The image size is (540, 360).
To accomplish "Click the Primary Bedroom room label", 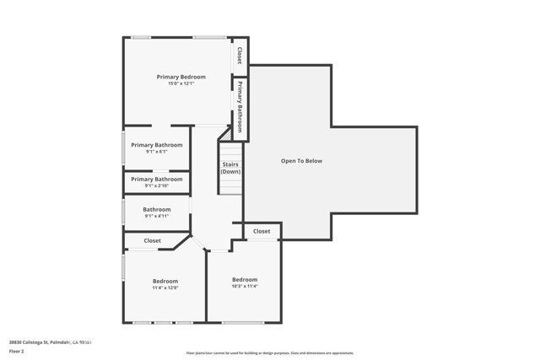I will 181,77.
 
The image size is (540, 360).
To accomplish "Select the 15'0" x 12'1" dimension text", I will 181,83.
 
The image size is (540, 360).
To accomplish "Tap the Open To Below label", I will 301,161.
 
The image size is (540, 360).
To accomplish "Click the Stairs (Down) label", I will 230,168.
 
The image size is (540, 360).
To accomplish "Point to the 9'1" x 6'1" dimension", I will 156,152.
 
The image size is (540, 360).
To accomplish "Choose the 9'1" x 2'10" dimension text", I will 156,185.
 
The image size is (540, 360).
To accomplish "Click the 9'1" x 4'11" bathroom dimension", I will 156,216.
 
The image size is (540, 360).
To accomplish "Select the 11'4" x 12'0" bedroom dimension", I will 165,287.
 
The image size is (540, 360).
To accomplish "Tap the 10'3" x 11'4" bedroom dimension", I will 245,286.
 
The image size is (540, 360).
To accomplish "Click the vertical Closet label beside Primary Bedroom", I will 240,56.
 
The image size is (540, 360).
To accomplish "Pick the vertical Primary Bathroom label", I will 240,106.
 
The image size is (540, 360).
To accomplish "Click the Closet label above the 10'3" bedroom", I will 262,231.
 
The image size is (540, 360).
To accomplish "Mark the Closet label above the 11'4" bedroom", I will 152,240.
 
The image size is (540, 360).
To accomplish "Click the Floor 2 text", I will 17,351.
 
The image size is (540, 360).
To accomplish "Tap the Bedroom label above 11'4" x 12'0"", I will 165,281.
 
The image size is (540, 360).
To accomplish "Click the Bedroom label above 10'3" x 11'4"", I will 245,279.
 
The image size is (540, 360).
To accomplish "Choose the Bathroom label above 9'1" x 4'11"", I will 156,209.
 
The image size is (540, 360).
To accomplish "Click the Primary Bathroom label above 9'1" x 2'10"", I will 156,179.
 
